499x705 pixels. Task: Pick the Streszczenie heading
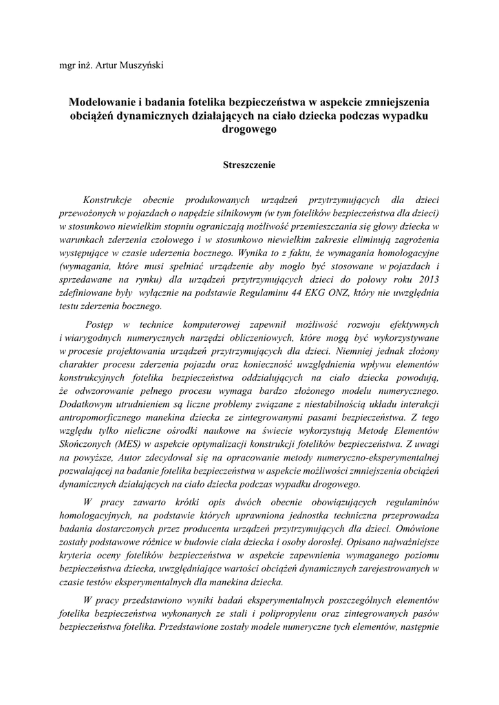click(x=249, y=165)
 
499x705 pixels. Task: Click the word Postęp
click(x=101, y=324)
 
